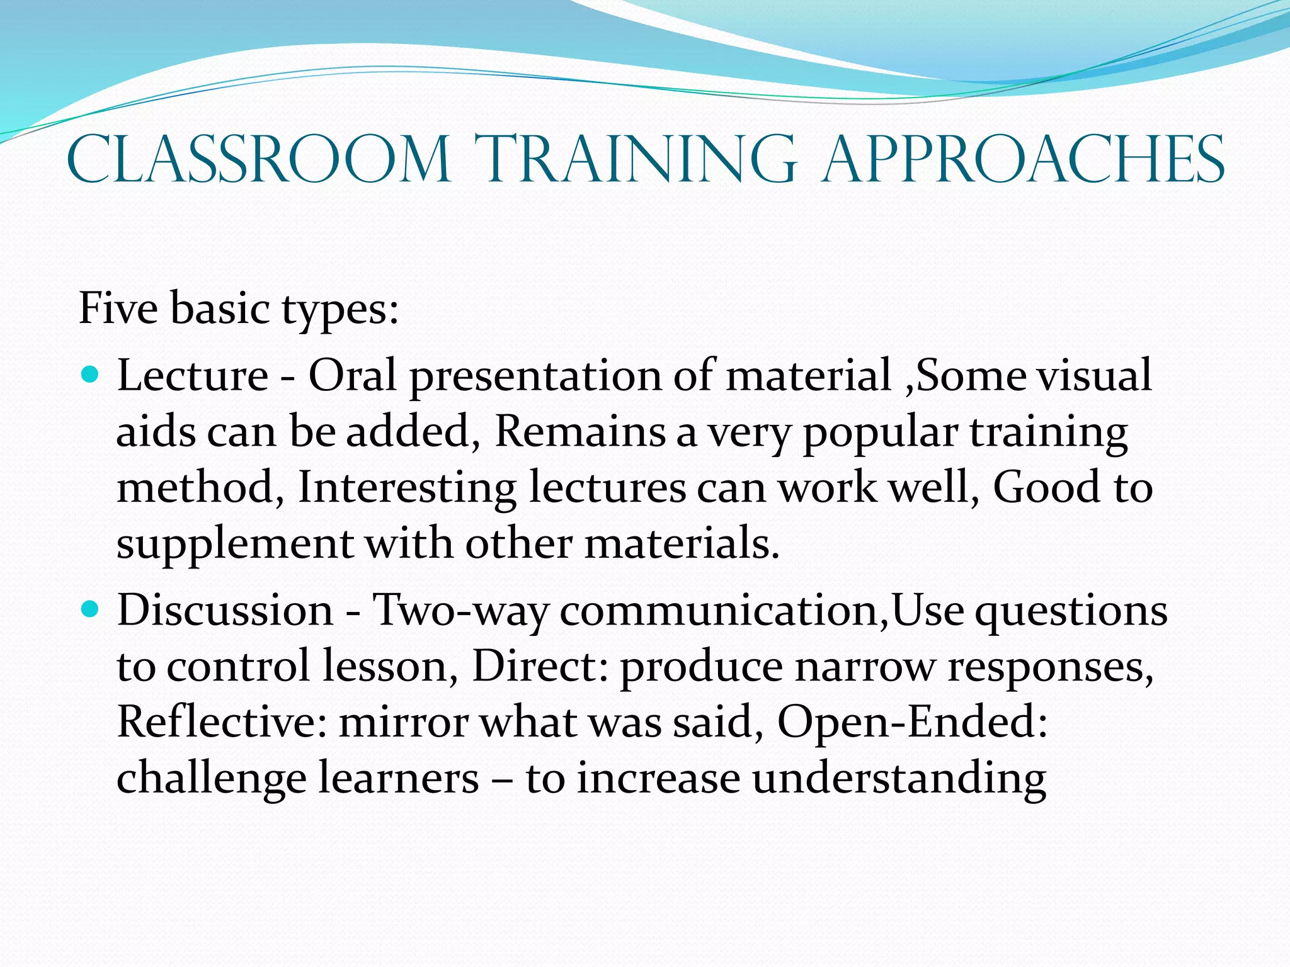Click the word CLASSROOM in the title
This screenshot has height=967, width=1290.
click(258, 160)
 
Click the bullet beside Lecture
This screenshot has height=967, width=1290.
click(91, 376)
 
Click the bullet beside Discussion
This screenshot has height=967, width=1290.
click(91, 609)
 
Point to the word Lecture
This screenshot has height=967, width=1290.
click(193, 376)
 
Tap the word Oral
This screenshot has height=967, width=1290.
click(352, 376)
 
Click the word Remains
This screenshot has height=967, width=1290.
click(579, 432)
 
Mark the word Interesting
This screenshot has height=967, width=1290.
click(407, 488)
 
